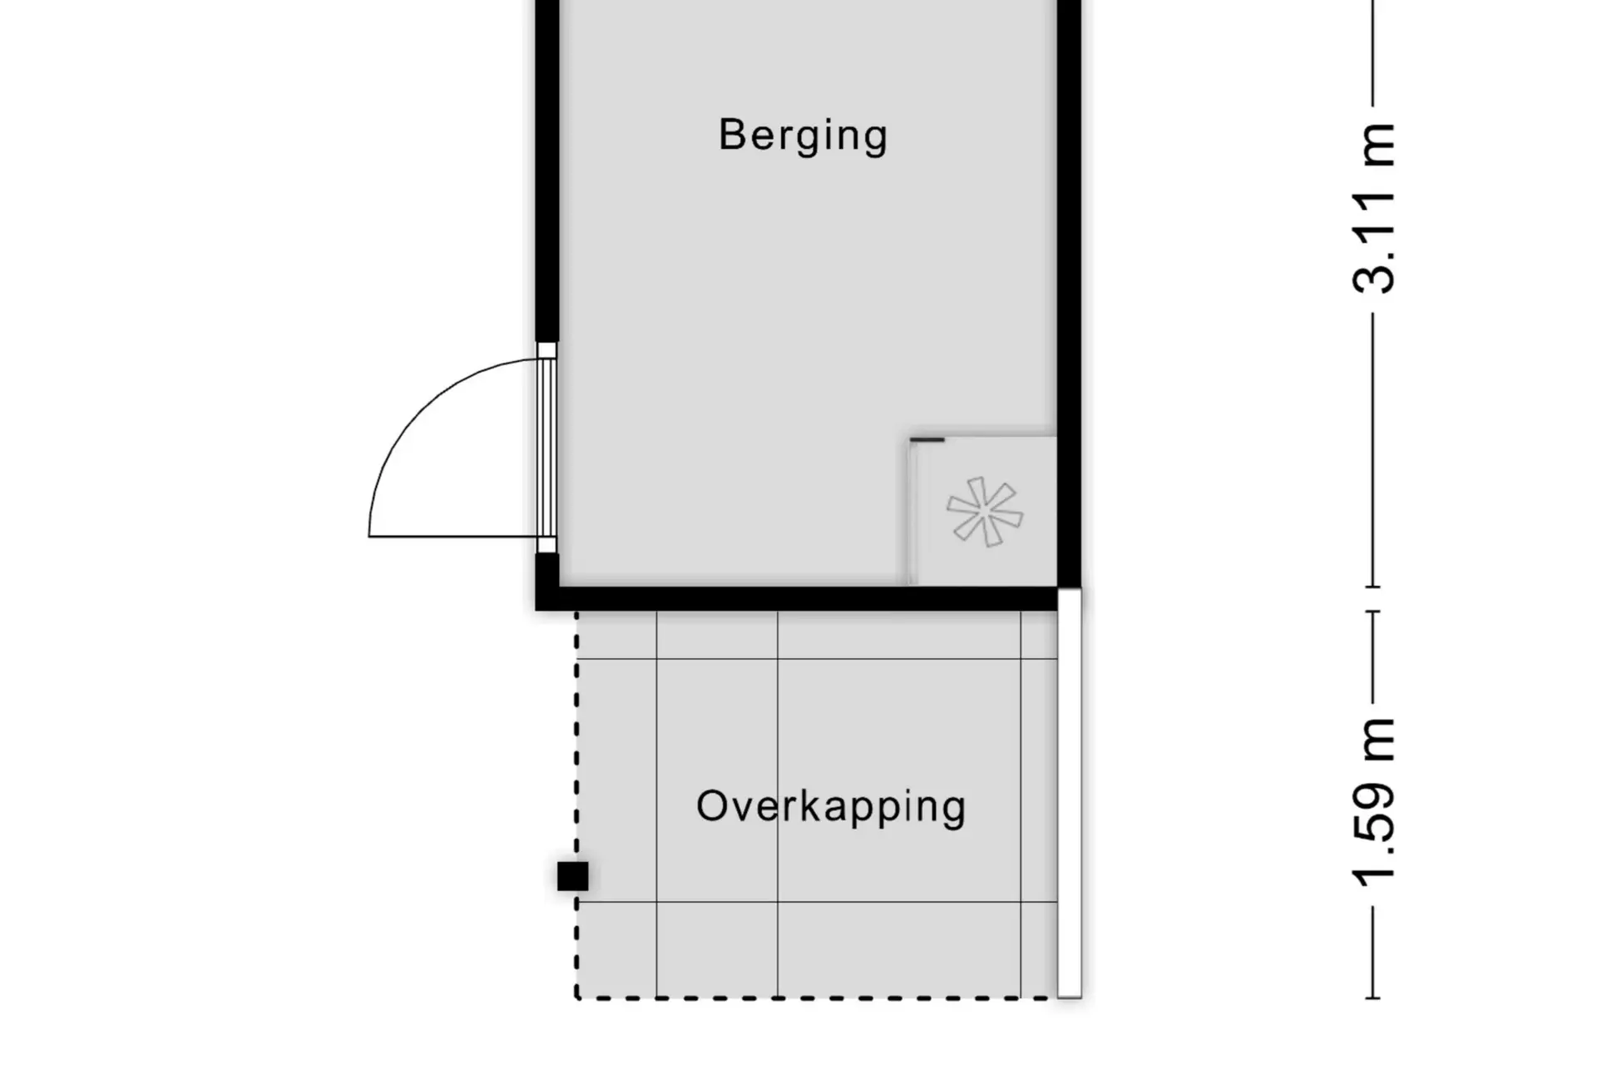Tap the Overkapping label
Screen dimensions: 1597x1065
coord(831,807)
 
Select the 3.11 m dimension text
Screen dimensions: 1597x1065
coord(1373,208)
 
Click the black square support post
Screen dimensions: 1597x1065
coord(572,876)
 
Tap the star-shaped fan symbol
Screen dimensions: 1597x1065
coord(985,512)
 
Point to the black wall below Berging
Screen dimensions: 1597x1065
coord(797,598)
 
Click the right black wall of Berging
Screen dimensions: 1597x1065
coord(1069,293)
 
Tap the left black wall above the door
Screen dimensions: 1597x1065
coord(546,171)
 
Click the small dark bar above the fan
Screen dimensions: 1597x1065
coord(927,439)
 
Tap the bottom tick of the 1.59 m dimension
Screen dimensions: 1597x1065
coord(1372,998)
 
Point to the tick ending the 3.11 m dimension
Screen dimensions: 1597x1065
coord(1372,587)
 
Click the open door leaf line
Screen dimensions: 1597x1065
coord(453,536)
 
